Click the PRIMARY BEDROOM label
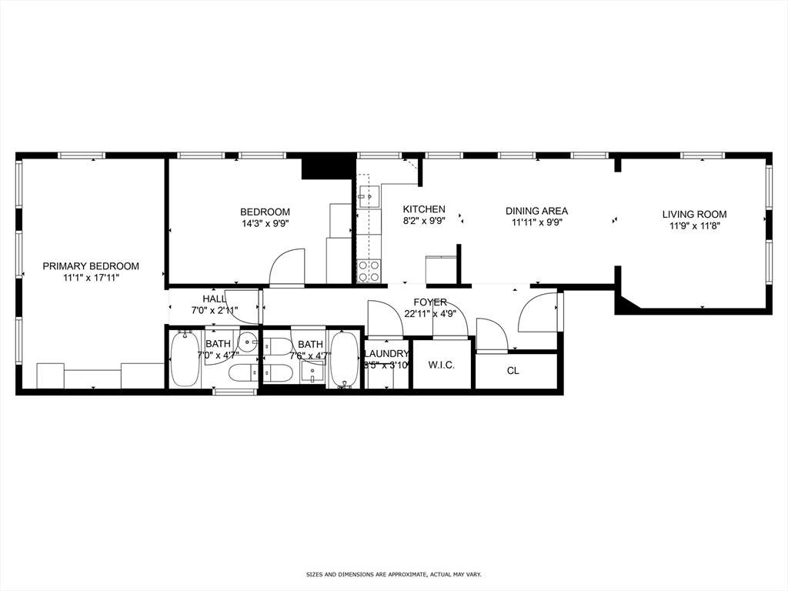[91, 266]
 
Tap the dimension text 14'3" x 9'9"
[265, 225]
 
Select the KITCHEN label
[424, 209]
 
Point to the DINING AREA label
[536, 211]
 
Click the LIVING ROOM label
[694, 215]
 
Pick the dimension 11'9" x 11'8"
[694, 226]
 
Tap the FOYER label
[429, 302]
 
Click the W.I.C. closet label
[441, 365]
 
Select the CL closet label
[513, 371]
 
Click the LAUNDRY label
[386, 354]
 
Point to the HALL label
[214, 299]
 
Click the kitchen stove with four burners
[369, 271]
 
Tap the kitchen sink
[369, 197]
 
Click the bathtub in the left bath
[185, 359]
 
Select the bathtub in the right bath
[344, 359]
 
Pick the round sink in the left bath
[247, 343]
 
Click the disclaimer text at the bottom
[393, 575]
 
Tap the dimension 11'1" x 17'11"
[91, 279]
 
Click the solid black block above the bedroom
[326, 167]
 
